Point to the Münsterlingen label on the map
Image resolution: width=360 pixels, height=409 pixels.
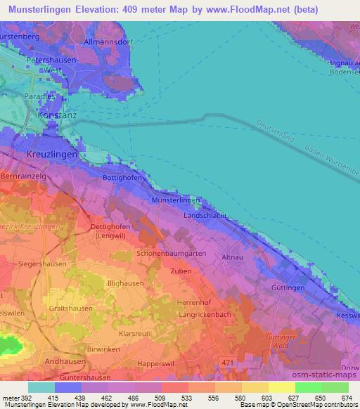coord(176,200)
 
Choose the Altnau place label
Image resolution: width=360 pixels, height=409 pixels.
coord(233,258)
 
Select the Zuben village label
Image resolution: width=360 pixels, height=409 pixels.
coord(181,271)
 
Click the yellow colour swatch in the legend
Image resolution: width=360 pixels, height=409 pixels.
coord(281,387)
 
